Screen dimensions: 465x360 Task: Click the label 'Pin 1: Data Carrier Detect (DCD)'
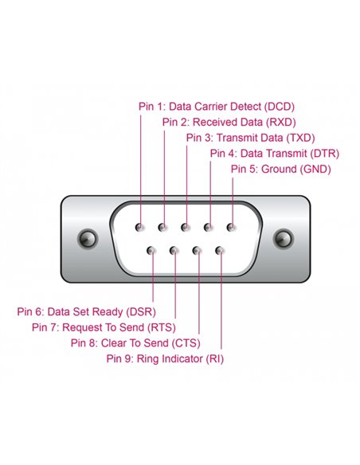click(x=216, y=107)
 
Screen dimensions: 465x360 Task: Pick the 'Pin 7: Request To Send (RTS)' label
click(x=104, y=326)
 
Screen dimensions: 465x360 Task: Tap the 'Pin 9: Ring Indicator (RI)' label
click(x=165, y=358)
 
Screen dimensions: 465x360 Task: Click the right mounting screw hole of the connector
click(x=281, y=238)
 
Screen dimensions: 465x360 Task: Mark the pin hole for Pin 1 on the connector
click(x=140, y=228)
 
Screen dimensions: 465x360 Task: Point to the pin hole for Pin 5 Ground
click(x=231, y=228)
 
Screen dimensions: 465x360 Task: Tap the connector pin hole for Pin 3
click(x=186, y=228)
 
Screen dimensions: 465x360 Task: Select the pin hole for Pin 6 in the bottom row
click(x=151, y=251)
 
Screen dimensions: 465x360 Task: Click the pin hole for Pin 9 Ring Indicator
click(x=220, y=251)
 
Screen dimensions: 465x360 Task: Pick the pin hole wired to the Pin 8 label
click(x=197, y=251)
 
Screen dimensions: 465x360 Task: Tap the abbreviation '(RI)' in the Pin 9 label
click(x=214, y=358)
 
